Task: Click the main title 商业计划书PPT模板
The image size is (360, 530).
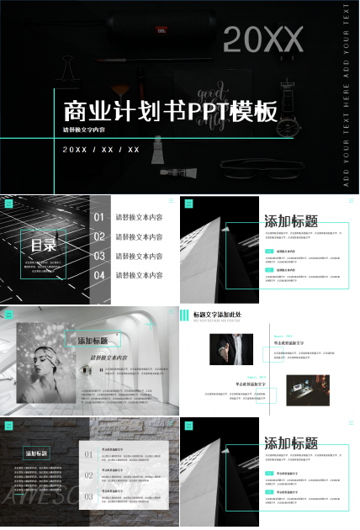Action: (171, 111)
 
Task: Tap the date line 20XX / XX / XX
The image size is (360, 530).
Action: (101, 150)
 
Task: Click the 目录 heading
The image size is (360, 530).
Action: (43, 246)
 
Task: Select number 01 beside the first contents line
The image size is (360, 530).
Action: (99, 217)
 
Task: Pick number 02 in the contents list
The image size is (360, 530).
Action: (99, 236)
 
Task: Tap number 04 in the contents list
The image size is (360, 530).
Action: (99, 275)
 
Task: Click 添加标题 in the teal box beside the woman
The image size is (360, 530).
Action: (93, 341)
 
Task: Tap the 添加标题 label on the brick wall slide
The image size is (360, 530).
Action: (37, 453)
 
